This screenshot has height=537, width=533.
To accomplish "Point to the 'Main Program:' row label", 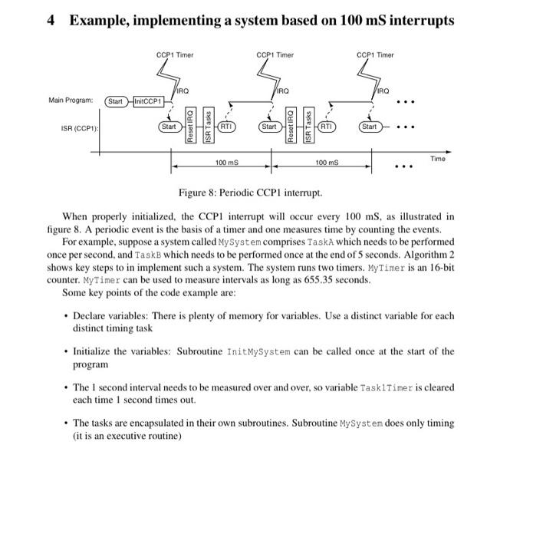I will [x=71, y=100].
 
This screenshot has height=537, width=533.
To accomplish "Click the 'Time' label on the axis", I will [x=437, y=158].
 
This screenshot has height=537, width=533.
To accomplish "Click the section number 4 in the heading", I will [x=51, y=21].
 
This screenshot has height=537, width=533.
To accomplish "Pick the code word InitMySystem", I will [x=258, y=352].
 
